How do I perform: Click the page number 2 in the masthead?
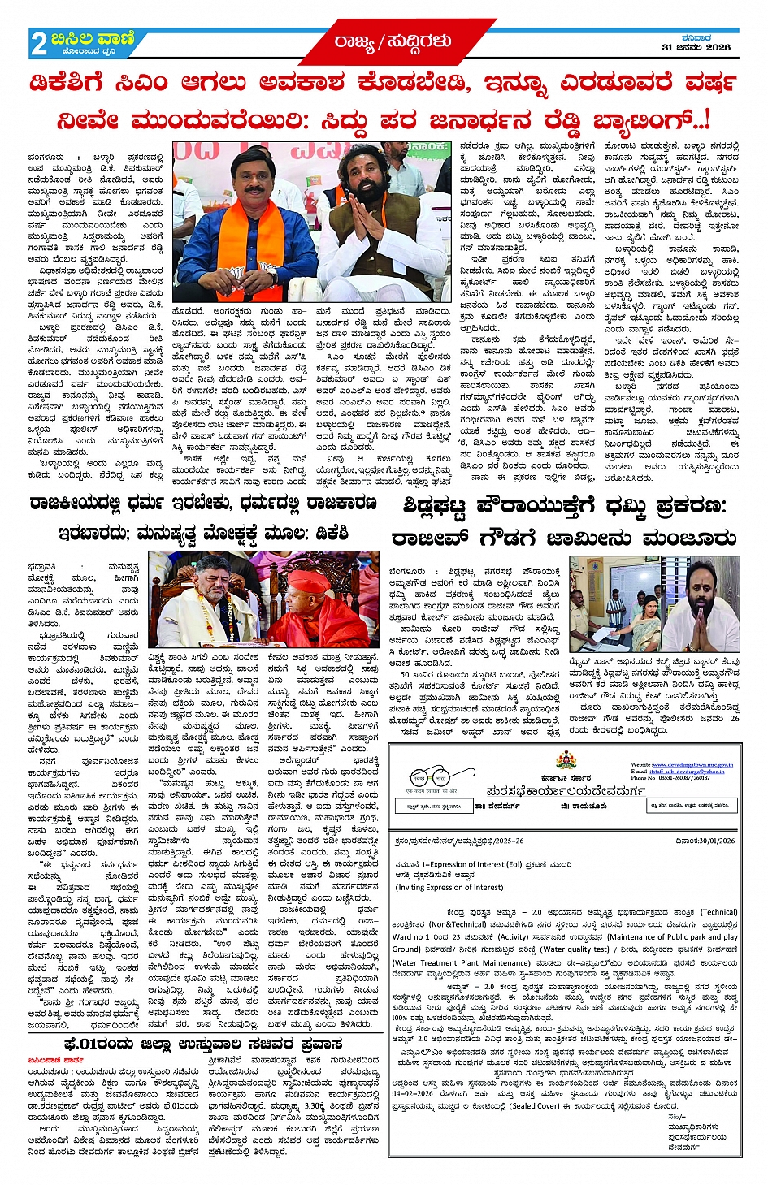point(38,44)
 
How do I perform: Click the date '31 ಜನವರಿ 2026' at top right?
point(696,47)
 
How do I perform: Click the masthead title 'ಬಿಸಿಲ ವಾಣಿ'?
point(93,38)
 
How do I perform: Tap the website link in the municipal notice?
point(681,764)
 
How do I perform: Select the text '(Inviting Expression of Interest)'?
point(449,888)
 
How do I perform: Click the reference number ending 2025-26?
point(458,841)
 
